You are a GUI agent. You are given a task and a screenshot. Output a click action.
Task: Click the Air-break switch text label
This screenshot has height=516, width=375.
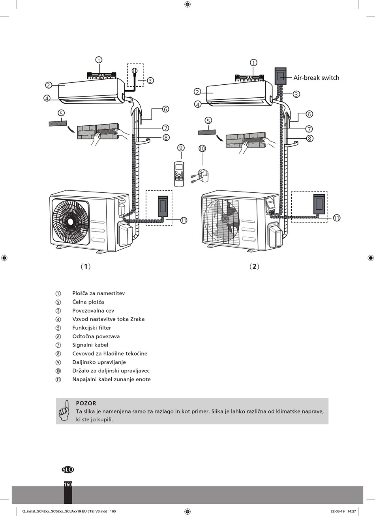point(316,78)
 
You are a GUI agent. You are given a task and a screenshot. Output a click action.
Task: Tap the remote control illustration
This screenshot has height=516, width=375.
point(180,174)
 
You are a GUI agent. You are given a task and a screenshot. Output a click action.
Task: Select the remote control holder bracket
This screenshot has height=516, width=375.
point(199,175)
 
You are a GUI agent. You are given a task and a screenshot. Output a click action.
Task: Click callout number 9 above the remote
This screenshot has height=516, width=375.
point(181,148)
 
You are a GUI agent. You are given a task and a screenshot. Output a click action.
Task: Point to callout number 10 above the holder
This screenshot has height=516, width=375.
point(202,149)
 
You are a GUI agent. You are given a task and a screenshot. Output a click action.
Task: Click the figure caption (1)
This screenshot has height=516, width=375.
point(86,266)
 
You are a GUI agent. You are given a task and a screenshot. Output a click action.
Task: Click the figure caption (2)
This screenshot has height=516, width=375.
point(254,266)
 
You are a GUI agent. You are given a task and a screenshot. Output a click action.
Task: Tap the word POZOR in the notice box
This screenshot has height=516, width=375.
point(86,403)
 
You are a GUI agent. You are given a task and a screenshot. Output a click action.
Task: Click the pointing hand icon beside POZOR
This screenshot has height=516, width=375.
point(64,410)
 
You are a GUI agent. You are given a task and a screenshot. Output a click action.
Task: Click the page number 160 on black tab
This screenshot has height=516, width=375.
point(68,484)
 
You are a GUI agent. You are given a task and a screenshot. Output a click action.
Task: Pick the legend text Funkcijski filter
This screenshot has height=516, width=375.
point(92,328)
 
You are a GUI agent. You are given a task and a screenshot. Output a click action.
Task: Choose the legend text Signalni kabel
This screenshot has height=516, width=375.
point(90,345)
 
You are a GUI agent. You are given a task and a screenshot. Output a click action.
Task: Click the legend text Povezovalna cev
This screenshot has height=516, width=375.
point(93,311)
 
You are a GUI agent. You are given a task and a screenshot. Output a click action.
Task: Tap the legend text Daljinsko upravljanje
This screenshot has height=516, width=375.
point(99,362)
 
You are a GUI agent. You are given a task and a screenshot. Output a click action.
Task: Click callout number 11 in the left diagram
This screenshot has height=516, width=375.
point(184,220)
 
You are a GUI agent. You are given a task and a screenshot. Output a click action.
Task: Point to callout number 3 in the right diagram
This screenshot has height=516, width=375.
point(296,94)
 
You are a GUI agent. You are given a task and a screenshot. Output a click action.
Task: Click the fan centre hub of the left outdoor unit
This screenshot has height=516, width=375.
point(70,222)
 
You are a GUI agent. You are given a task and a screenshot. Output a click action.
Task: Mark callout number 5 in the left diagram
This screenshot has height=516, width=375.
point(61,113)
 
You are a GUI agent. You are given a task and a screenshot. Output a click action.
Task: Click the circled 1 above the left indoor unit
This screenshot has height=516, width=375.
point(99,60)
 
